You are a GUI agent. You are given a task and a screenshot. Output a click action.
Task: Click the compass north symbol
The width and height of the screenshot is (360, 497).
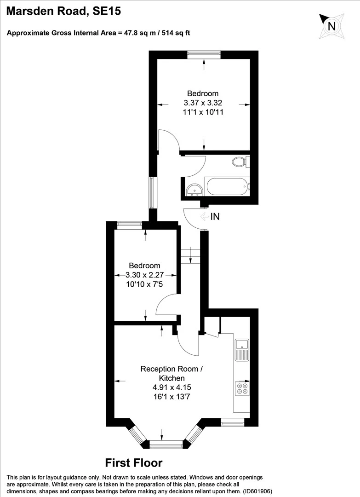pyautogui.click(x=331, y=26)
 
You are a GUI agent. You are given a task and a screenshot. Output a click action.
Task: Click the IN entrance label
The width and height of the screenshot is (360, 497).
pyautogui.click(x=215, y=217)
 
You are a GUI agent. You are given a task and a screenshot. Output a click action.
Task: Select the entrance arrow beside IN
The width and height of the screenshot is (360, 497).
pyautogui.click(x=204, y=217)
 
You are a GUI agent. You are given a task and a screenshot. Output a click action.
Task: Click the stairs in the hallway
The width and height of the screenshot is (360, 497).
pyautogui.click(x=191, y=256)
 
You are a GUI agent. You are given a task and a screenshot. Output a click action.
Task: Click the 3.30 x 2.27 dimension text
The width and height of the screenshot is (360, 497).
pyautogui.click(x=144, y=275)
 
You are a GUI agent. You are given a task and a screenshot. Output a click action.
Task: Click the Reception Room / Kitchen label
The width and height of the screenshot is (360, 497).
pyautogui.click(x=171, y=373)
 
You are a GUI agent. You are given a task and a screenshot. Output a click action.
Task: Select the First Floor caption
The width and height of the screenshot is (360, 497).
pyautogui.click(x=134, y=462)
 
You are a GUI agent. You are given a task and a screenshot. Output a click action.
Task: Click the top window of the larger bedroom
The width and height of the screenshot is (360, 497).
pyautogui.click(x=204, y=54)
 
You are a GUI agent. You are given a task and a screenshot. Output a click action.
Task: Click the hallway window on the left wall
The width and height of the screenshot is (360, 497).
pyautogui.click(x=152, y=192)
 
